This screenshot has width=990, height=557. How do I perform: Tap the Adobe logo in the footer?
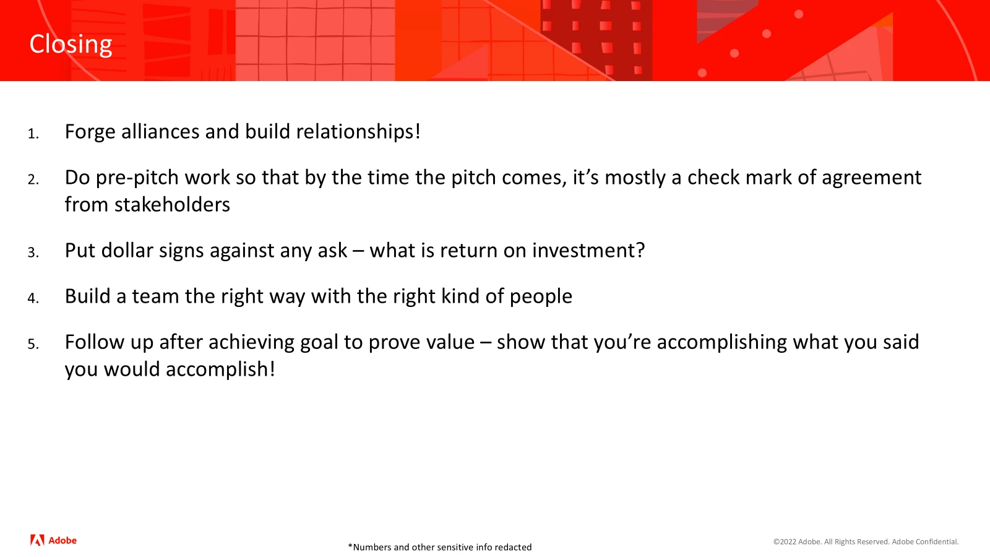pyautogui.click(x=53, y=540)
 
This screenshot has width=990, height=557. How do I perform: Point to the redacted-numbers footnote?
pyautogui.click(x=440, y=547)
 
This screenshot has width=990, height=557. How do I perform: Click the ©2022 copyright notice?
pyautogui.click(x=866, y=542)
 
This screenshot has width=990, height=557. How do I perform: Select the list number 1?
pyautogui.click(x=33, y=134)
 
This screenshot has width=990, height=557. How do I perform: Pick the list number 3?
pyautogui.click(x=33, y=253)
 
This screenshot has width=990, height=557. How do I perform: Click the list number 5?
pyautogui.click(x=33, y=344)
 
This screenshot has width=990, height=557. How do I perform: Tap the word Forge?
pyautogui.click(x=90, y=132)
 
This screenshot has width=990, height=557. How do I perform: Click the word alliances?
pyautogui.click(x=160, y=131)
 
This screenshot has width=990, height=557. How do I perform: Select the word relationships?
pyautogui.click(x=358, y=132)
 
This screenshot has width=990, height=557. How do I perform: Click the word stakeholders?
pyautogui.click(x=173, y=205)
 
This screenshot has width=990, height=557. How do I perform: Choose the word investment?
pyautogui.click(x=588, y=250)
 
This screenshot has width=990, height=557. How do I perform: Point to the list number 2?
pyautogui.click(x=33, y=179)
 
